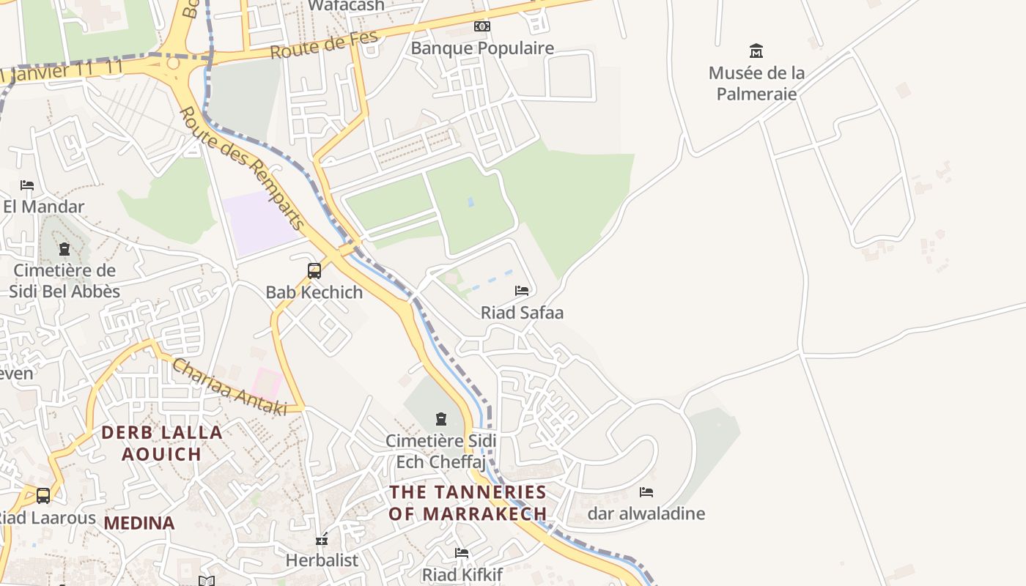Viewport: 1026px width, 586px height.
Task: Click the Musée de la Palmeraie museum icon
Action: pyautogui.click(x=756, y=51)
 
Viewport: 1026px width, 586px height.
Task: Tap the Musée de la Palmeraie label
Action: pyautogui.click(x=756, y=84)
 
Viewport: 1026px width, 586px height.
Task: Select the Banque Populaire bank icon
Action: pyautogui.click(x=481, y=26)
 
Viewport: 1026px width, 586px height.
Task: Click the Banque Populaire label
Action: pyautogui.click(x=481, y=48)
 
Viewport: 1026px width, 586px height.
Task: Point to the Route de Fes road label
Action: pyautogui.click(x=323, y=45)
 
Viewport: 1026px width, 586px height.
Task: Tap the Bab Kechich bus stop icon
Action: pyautogui.click(x=314, y=271)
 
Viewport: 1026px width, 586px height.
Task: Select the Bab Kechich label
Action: pyautogui.click(x=314, y=292)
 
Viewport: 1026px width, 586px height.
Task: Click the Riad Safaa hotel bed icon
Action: pyautogui.click(x=522, y=291)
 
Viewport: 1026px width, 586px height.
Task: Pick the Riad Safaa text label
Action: pyautogui.click(x=522, y=313)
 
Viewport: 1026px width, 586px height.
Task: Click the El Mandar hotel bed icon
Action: pyautogui.click(x=27, y=185)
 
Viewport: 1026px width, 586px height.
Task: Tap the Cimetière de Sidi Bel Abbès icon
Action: pyautogui.click(x=64, y=249)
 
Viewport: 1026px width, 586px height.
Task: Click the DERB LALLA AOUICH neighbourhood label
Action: pyautogui.click(x=162, y=443)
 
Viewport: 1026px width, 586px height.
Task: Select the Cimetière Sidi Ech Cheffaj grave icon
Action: pyautogui.click(x=441, y=419)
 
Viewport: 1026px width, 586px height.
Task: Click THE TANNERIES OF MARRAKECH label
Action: pyautogui.click(x=468, y=502)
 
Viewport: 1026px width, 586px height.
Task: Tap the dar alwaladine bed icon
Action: pyautogui.click(x=646, y=492)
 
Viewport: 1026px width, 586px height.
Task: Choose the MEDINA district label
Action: pyautogui.click(x=139, y=523)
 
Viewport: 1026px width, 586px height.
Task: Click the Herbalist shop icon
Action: pyautogui.click(x=322, y=540)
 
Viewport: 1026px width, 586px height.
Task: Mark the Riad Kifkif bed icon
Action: pyautogui.click(x=462, y=553)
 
